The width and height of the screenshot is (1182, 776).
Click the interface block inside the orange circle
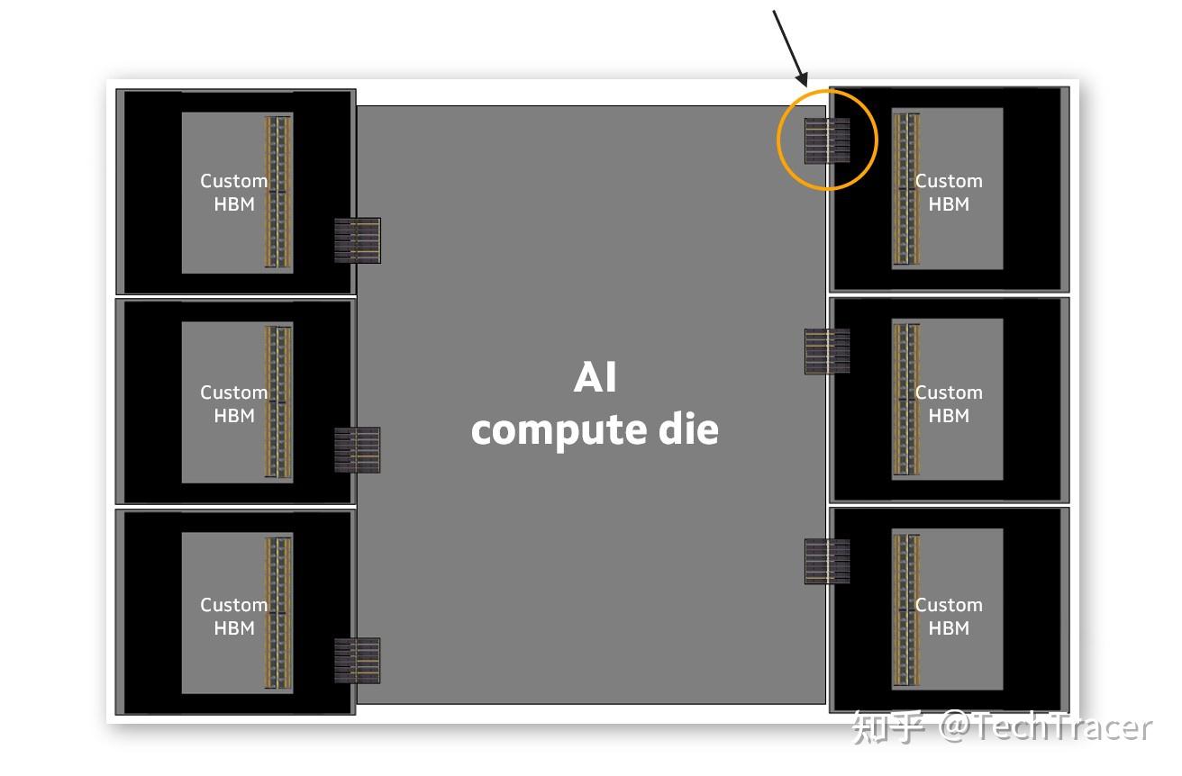pyautogui.click(x=827, y=140)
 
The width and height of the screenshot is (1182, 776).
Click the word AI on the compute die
pyautogui.click(x=595, y=378)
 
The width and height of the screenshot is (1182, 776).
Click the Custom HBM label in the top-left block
pyautogui.click(x=233, y=193)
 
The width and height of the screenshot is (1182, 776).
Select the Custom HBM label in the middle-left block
pyautogui.click(x=233, y=404)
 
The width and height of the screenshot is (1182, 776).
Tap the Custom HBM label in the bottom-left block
pyautogui.click(x=233, y=616)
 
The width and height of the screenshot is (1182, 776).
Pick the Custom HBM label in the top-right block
pyautogui.click(x=949, y=193)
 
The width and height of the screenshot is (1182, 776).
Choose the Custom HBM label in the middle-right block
pyautogui.click(x=949, y=404)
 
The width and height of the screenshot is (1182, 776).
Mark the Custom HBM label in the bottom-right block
pyautogui.click(x=949, y=616)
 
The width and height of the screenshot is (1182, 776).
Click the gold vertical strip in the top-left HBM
pyautogui.click(x=278, y=191)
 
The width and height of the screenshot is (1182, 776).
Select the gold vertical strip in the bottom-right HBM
pyautogui.click(x=905, y=611)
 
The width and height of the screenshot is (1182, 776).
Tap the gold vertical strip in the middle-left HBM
pyautogui.click(x=278, y=402)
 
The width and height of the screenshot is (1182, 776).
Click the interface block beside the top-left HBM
pyautogui.click(x=357, y=240)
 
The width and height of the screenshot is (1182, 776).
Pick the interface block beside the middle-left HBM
pyautogui.click(x=357, y=450)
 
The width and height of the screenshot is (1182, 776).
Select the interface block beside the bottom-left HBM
pyautogui.click(x=357, y=660)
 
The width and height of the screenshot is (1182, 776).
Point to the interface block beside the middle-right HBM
pyautogui.click(x=827, y=351)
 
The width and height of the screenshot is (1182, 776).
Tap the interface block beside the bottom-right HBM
pyautogui.click(x=827, y=561)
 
